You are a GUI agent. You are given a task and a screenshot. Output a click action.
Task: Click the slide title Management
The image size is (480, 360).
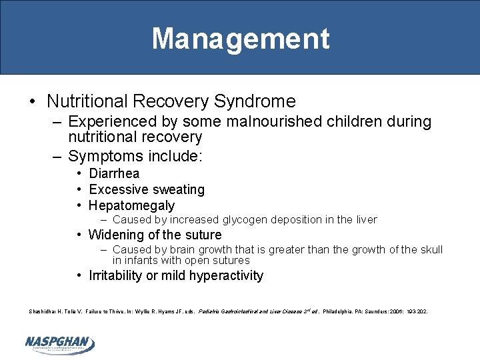pos(240,39)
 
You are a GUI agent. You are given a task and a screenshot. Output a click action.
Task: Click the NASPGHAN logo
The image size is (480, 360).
pos(59,343)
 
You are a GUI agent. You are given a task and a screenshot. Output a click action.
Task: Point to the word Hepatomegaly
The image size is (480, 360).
pos(131,205)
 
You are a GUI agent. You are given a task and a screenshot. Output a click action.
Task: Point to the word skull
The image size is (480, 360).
pos(430,250)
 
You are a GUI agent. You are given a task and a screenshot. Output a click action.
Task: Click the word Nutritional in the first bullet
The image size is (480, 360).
pos(87,101)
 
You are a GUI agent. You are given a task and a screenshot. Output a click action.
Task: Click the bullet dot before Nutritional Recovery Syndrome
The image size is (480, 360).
pos(33,102)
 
